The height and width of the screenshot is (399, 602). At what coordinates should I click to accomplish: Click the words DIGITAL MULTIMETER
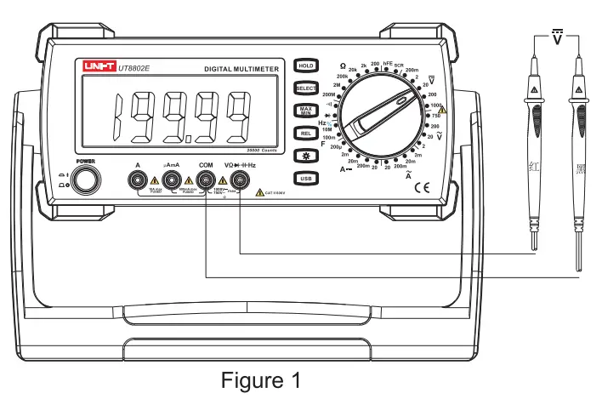pos(243,68)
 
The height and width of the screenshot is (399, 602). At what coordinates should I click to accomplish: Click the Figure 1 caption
pos(261,380)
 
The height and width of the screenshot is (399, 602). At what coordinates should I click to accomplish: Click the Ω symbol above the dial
pos(344,66)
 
